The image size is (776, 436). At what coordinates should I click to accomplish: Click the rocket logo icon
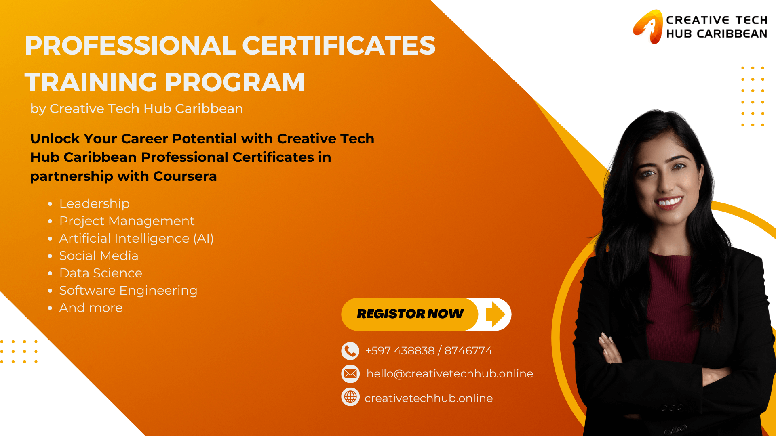(648, 27)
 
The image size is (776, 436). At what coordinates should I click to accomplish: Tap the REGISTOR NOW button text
(410, 314)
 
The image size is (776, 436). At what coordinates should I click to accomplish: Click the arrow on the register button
(496, 314)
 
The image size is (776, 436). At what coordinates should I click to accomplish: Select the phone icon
(350, 351)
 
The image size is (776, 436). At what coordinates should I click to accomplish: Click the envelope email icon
(350, 374)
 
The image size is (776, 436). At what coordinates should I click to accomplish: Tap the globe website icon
(350, 397)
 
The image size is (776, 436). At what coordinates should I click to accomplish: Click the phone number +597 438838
(400, 350)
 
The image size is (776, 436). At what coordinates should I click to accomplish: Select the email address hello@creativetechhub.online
(450, 374)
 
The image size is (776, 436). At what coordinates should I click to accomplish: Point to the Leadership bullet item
(95, 203)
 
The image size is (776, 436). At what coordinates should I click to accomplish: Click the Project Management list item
(127, 221)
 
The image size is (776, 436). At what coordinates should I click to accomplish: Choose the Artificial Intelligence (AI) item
(137, 238)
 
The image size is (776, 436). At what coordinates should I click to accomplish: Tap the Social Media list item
(99, 256)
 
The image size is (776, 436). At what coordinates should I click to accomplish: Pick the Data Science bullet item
(101, 273)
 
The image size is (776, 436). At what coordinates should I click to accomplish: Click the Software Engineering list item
(129, 290)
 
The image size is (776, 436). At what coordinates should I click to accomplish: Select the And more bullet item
(91, 308)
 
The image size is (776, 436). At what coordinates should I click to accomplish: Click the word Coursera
(185, 176)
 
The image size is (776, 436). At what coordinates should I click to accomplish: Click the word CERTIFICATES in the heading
(339, 45)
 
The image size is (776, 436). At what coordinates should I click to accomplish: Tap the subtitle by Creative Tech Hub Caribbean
(137, 109)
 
